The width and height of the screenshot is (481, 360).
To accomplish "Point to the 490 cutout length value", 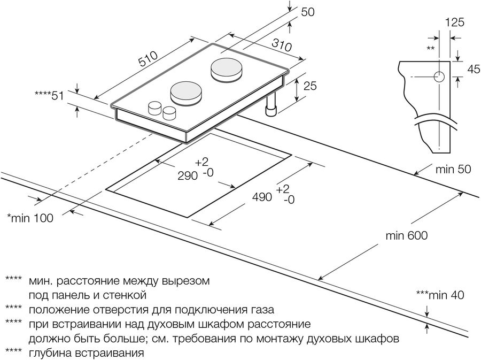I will click(263, 197).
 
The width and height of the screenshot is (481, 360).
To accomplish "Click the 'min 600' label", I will click(406, 235).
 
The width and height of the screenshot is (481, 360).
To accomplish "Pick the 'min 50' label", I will click(453, 170).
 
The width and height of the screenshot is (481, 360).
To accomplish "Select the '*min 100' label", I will click(30, 218).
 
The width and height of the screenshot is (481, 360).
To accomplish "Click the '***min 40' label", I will click(439, 295).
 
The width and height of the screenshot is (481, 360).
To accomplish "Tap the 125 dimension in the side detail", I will click(454, 22).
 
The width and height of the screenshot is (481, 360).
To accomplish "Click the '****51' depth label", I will click(50, 95).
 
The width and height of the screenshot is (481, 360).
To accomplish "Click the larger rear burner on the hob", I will click(226, 70).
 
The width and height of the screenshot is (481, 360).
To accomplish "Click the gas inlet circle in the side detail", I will click(439, 77).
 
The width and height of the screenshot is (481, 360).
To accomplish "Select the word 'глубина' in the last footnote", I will click(50, 353).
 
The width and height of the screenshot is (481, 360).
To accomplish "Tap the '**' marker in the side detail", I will click(430, 49).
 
